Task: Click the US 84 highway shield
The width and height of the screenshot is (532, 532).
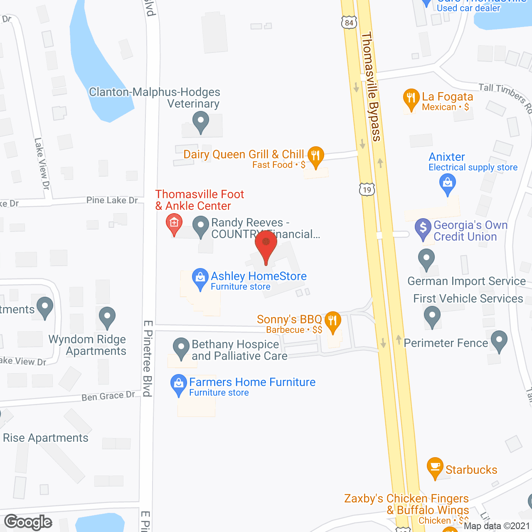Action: coord(349,22)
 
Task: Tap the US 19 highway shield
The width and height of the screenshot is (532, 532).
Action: coord(367,190)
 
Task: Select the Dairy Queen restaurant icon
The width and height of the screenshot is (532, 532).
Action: coord(316,156)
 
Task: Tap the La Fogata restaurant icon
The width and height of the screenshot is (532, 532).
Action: coord(411,99)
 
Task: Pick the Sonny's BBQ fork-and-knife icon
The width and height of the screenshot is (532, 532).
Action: coord(332,321)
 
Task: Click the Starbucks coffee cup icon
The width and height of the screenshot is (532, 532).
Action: coord(435,467)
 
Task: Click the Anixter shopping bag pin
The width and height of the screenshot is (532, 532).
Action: coord(448,183)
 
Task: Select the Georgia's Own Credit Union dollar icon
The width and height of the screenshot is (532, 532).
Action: coord(423,228)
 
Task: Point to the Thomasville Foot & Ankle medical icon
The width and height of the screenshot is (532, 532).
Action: coord(174,223)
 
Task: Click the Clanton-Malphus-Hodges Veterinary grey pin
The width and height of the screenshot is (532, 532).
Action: coord(201,122)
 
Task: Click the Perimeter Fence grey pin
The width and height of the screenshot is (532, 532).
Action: coord(499,340)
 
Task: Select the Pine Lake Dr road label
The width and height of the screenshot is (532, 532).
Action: coord(112,200)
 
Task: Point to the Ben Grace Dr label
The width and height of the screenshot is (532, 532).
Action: coord(108,396)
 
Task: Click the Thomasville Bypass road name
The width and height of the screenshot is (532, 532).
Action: coord(371,87)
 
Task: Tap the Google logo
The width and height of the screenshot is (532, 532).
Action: coord(28,522)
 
